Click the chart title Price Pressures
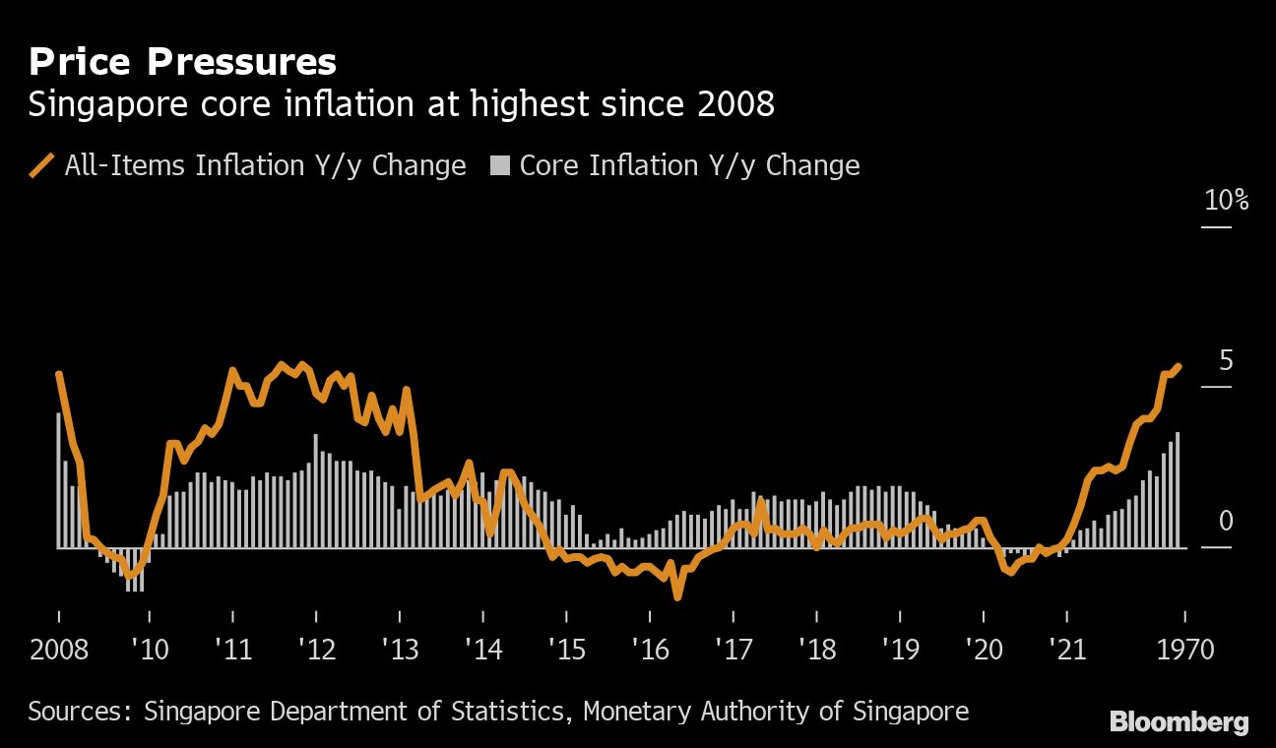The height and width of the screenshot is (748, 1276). pos(182,63)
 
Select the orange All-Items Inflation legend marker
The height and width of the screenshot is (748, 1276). pos(42,165)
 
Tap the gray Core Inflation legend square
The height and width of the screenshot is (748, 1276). pos(500,166)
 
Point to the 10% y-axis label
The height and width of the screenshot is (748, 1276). pos(1226,201)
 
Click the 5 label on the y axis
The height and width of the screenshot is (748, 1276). pos(1226,361)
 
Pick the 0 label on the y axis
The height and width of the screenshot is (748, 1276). pos(1226,522)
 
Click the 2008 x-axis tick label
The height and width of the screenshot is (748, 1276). pos(59,650)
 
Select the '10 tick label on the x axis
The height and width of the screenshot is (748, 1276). pos(149,650)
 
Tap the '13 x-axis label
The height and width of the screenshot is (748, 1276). pos(400,650)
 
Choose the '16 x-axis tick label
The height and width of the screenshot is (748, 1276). pos(650,650)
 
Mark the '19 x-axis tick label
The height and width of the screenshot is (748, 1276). pos(900,650)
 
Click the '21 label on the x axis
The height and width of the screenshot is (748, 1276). pos(1066,650)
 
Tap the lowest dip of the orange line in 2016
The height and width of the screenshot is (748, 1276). pos(677,595)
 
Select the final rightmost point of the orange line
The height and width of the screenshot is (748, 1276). pos(1179,365)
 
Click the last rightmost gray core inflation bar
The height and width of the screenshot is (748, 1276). pos(1178,489)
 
